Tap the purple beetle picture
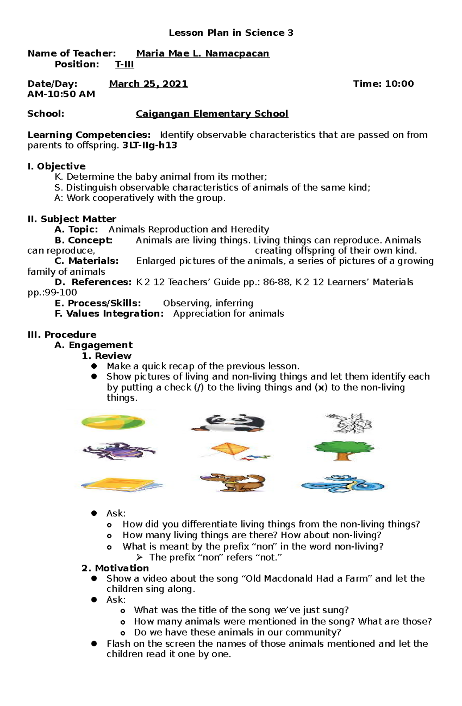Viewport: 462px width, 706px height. tap(119, 451)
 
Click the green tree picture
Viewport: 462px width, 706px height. tap(343, 450)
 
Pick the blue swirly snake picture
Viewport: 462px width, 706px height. tap(342, 484)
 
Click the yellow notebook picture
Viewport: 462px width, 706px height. tap(121, 484)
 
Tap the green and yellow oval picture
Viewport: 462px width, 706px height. tap(113, 422)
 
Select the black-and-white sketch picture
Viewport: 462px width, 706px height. tap(349, 423)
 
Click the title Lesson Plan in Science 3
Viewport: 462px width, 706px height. tap(231, 33)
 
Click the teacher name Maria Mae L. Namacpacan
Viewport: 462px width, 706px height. tap(203, 53)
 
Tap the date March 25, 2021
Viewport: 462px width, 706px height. tap(148, 84)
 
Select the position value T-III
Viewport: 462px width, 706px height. tap(124, 64)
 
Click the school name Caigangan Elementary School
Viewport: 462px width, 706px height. tap(212, 114)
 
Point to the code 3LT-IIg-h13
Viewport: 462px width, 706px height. tap(149, 145)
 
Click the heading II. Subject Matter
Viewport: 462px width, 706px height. tap(72, 219)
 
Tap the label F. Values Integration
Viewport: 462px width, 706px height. tap(109, 314)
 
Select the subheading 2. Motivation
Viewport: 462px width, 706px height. tap(115, 568)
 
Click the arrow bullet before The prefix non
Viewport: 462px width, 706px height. tap(139, 557)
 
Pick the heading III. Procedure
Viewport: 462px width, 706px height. tap(62, 334)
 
